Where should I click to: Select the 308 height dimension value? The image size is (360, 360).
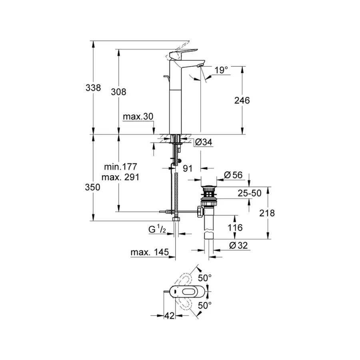[118, 92]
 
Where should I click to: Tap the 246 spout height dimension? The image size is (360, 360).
[242, 100]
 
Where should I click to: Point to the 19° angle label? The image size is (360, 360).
[220, 70]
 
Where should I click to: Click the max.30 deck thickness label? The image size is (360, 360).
[138, 116]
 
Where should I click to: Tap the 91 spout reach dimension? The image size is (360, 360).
[188, 168]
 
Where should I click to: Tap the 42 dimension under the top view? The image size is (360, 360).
[170, 316]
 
